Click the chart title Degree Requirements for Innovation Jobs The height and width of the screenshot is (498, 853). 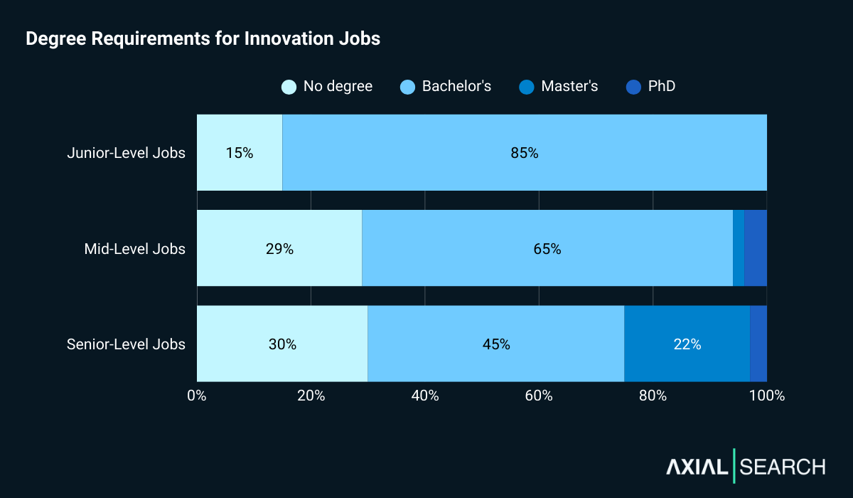203,39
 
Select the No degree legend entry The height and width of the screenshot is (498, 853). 327,87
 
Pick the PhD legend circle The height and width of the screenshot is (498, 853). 633,87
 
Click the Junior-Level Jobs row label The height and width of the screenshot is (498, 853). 126,153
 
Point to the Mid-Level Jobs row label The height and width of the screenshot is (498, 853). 134,249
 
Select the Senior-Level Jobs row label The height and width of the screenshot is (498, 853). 126,344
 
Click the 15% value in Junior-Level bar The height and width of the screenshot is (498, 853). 240,153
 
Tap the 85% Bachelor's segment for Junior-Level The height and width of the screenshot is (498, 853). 525,153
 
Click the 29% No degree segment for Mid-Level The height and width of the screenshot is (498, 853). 279,249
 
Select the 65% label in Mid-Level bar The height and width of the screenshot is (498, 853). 547,249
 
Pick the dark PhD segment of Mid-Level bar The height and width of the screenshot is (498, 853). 756,249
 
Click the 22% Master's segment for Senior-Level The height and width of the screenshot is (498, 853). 687,344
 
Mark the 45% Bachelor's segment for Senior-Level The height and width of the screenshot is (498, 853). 496,344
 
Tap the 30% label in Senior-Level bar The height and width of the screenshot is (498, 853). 282,344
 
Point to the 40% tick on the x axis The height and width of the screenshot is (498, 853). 425,396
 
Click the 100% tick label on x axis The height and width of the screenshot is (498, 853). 766,396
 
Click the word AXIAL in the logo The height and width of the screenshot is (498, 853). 697,467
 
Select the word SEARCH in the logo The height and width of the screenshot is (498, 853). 783,467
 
